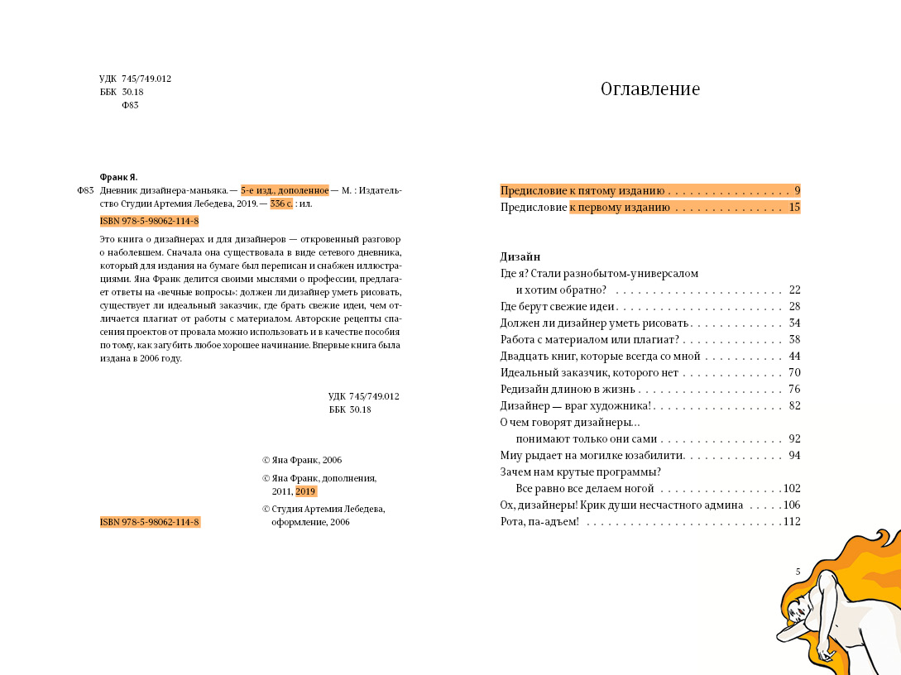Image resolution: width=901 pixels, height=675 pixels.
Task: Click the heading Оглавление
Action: click(649, 89)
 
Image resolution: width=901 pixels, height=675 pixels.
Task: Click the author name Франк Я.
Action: click(118, 177)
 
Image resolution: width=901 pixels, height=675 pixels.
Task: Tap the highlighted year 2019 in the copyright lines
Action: click(305, 491)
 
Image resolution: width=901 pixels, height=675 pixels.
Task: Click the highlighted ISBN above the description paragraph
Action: click(149, 222)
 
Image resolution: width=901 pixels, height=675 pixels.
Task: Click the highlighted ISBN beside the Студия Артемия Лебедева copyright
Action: click(150, 523)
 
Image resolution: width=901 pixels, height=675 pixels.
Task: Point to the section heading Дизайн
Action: click(520, 256)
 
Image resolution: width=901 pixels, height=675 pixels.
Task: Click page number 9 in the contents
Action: click(797, 191)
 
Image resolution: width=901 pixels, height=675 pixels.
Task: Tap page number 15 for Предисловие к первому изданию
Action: click(794, 208)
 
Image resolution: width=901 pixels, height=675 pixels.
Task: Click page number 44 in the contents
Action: click(794, 357)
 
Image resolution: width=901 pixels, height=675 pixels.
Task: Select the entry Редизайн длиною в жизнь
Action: click(568, 390)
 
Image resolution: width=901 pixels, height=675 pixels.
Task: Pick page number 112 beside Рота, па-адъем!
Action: click(792, 522)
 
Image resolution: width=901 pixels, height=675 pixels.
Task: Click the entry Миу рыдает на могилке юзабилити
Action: click(592, 456)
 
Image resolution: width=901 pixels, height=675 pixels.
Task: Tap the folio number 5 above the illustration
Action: click(798, 572)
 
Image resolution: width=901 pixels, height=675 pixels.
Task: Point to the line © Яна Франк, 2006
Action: click(301, 460)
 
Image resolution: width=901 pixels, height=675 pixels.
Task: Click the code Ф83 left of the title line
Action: click(85, 190)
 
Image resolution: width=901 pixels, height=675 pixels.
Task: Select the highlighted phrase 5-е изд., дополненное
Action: click(285, 190)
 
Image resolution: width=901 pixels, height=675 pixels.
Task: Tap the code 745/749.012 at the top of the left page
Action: click(146, 79)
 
